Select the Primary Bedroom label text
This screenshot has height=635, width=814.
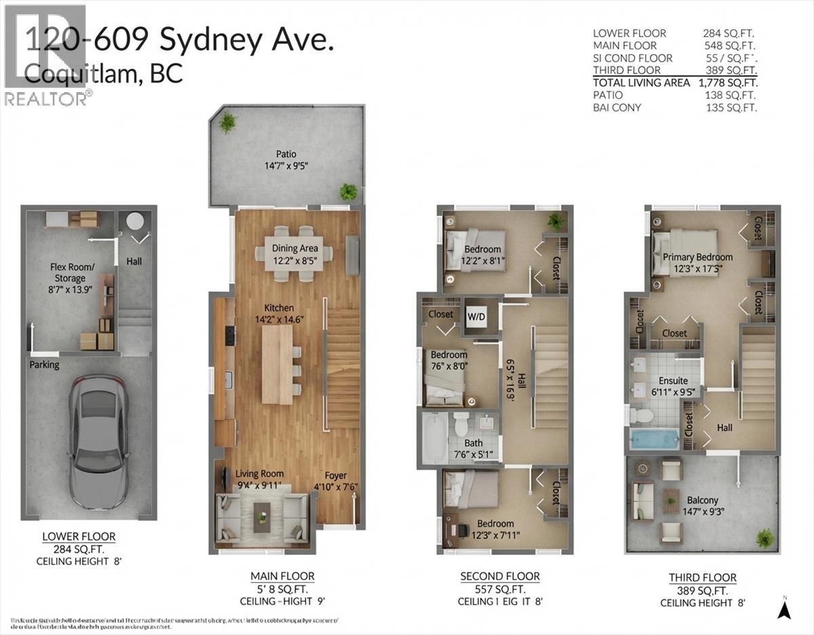pyautogui.click(x=697, y=257)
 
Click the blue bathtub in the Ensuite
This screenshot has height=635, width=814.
pyautogui.click(x=653, y=439)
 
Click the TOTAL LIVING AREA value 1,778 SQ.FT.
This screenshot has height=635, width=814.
pyautogui.click(x=728, y=83)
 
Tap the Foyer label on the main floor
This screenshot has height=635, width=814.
pyautogui.click(x=335, y=475)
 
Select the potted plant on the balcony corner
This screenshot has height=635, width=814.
pyautogui.click(x=764, y=538)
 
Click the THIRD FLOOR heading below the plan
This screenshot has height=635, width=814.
pyautogui.click(x=702, y=577)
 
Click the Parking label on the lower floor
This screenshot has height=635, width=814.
pyautogui.click(x=44, y=365)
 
